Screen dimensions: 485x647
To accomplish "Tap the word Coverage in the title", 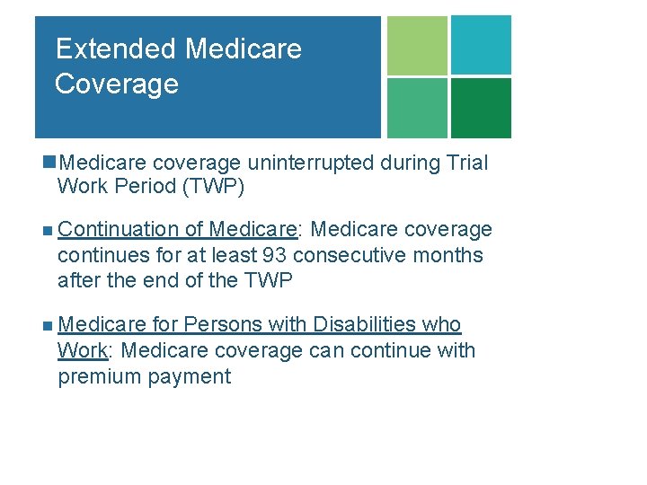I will pos(117,84).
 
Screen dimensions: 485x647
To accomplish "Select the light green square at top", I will pos(417,45).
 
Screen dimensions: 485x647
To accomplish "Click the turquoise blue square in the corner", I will pos(481,45).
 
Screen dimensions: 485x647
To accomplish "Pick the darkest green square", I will pos(481,108).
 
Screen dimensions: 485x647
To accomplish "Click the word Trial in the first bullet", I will pos(465,163).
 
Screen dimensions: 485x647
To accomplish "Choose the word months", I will pos(448,255).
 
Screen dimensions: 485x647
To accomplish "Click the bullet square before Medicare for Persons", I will pos(47,325).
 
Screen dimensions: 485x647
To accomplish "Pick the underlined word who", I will pos(442,324).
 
